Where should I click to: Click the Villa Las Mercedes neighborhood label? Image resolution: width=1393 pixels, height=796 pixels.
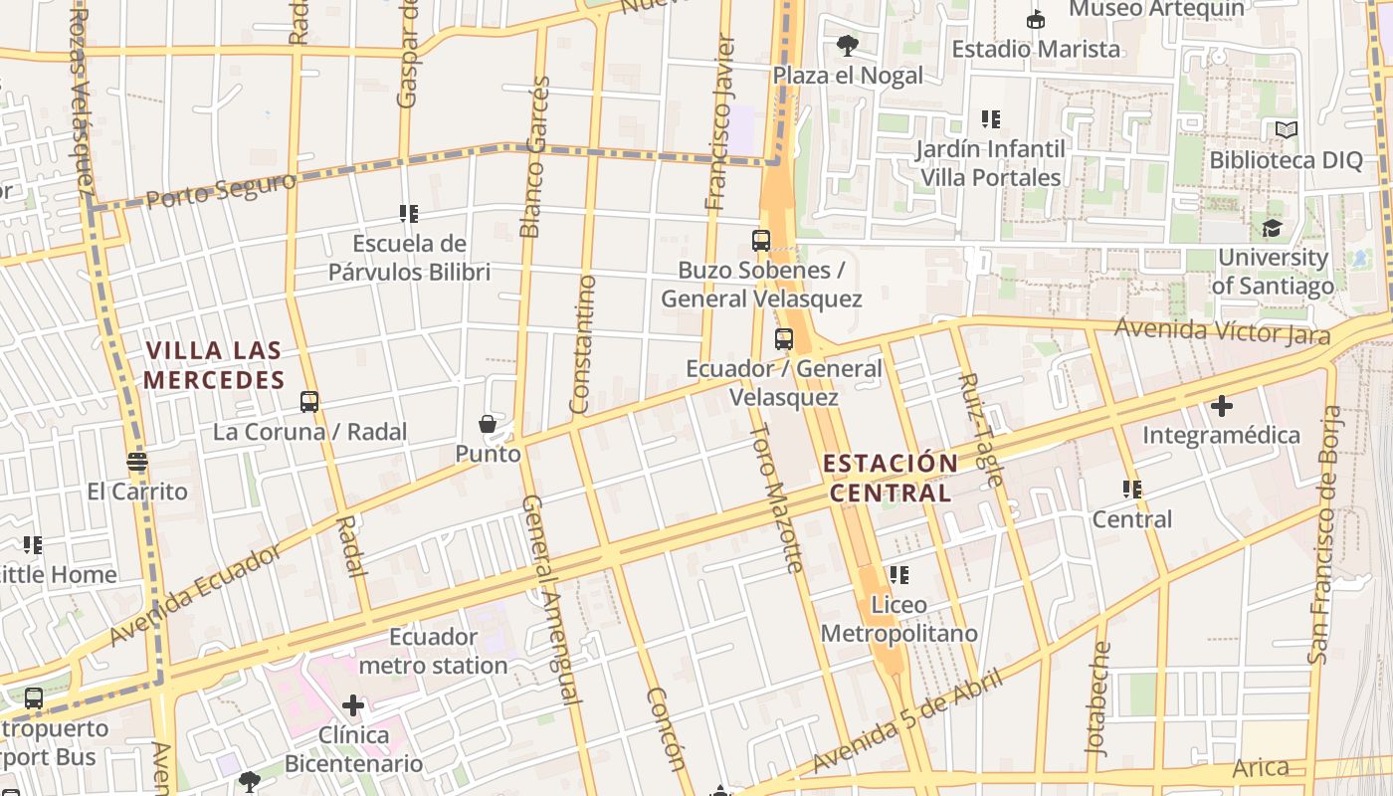tap(214, 365)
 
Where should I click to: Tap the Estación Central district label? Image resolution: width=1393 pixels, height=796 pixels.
tap(891, 478)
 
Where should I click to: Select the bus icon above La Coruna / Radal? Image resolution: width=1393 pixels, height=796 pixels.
tap(309, 402)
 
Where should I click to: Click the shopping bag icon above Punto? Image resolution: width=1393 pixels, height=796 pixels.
tap(488, 425)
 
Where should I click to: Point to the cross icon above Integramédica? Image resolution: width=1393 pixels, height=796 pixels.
tap(1221, 406)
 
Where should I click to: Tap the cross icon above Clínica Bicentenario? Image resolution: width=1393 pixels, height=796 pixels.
tap(353, 705)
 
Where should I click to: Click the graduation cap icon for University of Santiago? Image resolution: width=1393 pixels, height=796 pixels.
tap(1272, 229)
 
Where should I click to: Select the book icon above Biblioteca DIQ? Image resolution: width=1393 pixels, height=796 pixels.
tap(1286, 129)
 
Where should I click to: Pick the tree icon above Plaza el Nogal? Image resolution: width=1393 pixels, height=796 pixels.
tap(848, 45)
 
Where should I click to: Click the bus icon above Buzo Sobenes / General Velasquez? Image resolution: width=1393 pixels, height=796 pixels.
tap(761, 240)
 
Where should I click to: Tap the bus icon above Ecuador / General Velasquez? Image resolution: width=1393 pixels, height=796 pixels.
tap(784, 339)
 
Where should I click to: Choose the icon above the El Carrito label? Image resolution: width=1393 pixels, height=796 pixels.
tap(137, 462)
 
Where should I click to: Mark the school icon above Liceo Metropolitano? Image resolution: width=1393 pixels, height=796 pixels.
tap(899, 575)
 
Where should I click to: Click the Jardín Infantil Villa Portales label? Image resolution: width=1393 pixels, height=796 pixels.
tap(990, 163)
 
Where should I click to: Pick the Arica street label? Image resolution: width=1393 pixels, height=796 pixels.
tap(1261, 767)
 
